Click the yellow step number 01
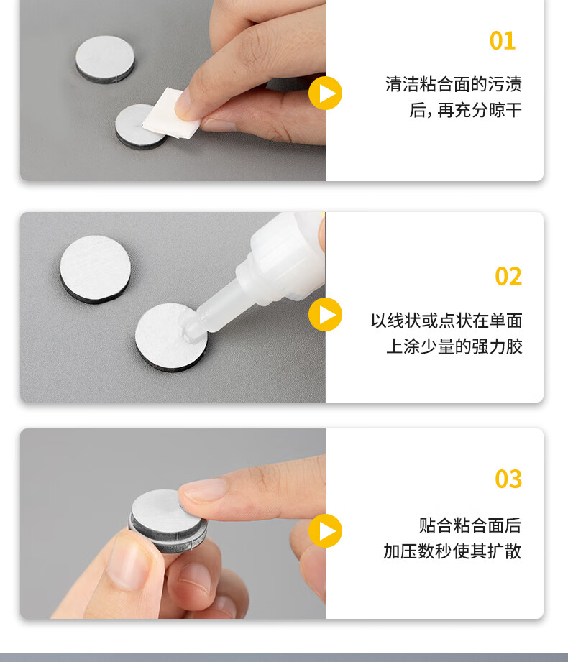(503, 41)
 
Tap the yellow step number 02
(508, 277)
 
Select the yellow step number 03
(508, 479)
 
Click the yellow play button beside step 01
(325, 93)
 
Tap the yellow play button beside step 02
(325, 315)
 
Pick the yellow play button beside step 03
(325, 531)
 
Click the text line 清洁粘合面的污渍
(454, 84)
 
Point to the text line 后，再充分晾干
(465, 110)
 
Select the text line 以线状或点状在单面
(446, 321)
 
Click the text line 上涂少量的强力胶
(454, 346)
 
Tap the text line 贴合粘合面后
(470, 525)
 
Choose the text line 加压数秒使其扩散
(452, 551)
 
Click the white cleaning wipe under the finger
(170, 115)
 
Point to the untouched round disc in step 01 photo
(105, 59)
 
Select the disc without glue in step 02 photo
(95, 269)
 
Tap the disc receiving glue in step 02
(171, 337)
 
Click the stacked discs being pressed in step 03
(168, 521)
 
